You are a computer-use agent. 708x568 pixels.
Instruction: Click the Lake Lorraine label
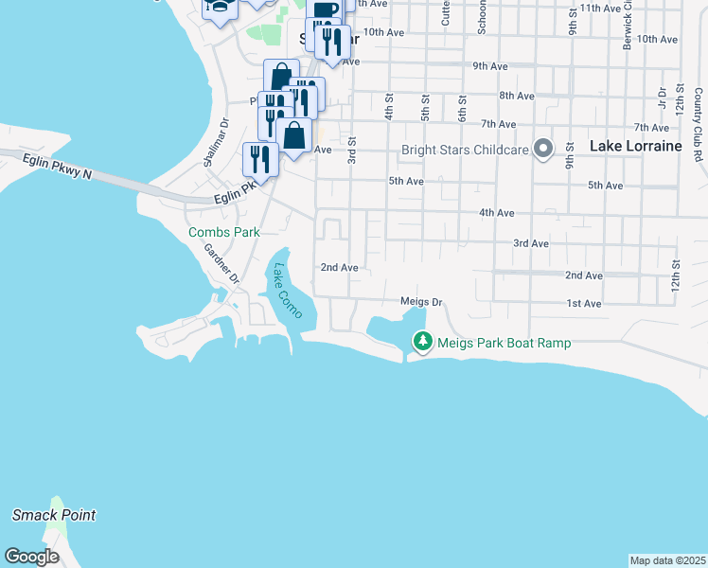(x=635, y=147)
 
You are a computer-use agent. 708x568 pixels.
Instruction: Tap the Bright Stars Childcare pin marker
(x=542, y=149)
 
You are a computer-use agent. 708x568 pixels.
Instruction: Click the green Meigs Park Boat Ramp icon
(x=421, y=341)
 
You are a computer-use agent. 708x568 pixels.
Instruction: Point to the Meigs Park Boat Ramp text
(x=504, y=343)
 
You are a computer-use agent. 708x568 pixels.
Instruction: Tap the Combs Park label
(x=223, y=232)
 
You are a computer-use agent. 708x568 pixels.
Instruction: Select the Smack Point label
(x=54, y=516)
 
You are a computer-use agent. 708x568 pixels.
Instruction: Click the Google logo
(x=31, y=557)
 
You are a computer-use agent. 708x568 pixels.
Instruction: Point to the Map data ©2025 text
(x=667, y=560)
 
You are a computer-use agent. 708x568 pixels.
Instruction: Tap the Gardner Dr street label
(x=221, y=263)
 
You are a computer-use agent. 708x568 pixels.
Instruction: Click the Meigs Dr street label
(x=421, y=302)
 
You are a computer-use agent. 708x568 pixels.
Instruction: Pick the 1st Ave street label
(x=583, y=304)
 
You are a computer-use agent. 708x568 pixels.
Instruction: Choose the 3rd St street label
(x=352, y=150)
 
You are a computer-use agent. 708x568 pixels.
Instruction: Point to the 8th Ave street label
(x=518, y=96)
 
